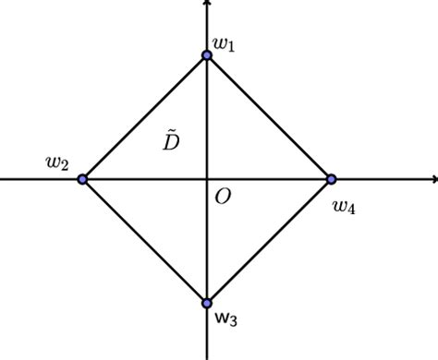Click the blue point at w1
pos(207,55)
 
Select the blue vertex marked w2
pos(82,179)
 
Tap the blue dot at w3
pos(207,303)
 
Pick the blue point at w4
pos(331,179)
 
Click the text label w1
pos(224,43)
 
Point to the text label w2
pos(57,163)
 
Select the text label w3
pos(226,319)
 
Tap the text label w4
pos(344,207)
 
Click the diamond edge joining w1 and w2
pos(144,117)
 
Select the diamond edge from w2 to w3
pos(144,241)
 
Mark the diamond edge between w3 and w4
pos(269,241)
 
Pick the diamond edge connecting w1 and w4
pos(269,117)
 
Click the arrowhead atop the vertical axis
pos(207,6)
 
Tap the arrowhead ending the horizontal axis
pos(432,179)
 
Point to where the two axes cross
pos(207,179)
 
